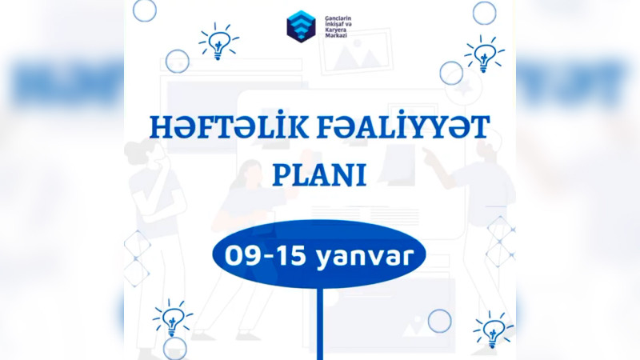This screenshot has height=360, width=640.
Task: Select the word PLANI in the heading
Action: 319,174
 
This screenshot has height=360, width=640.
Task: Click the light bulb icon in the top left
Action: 218,42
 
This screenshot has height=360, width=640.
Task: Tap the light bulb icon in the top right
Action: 483,54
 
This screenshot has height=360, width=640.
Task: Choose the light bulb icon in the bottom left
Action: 172,318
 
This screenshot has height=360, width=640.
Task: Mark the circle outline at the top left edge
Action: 144,10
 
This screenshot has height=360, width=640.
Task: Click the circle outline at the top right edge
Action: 484,12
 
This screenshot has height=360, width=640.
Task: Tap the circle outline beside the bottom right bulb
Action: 439,321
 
